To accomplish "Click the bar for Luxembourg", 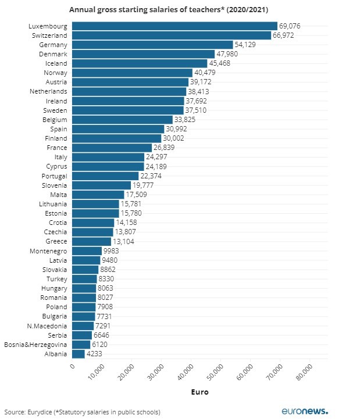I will click(174, 26).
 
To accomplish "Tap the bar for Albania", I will click(79, 354).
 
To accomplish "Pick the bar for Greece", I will click(91, 241).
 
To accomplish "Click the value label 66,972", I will click(285, 35).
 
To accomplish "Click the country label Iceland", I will click(56, 63).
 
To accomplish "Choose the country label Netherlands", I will click(48, 91).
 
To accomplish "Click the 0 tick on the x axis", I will click(72, 366).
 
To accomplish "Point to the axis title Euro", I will click(200, 392).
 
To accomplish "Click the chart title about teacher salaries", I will click(169, 10).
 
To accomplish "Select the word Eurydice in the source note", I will click(38, 412).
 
